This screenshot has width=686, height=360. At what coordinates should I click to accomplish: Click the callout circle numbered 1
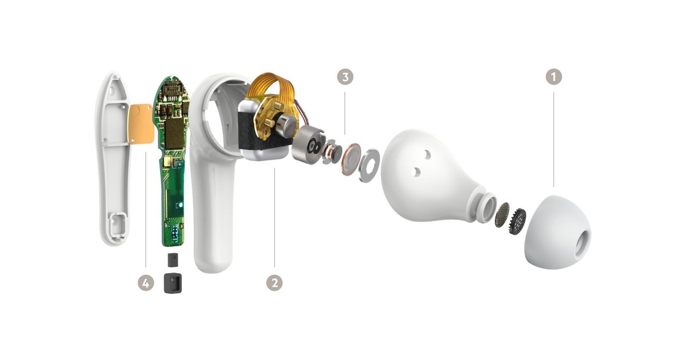[x=554, y=77]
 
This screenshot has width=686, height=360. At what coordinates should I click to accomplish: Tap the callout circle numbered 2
[x=274, y=282]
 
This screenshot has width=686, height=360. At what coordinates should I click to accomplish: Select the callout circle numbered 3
[x=345, y=77]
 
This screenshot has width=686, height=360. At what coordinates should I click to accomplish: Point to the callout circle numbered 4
[x=146, y=282]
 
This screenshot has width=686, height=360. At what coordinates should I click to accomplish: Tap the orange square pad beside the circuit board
[x=141, y=123]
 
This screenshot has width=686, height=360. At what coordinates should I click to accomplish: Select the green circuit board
[x=172, y=159]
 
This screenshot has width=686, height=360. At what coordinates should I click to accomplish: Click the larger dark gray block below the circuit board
[x=173, y=283]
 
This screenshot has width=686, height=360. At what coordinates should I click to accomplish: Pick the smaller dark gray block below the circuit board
[x=173, y=260]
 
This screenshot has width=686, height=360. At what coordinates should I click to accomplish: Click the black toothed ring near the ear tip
[x=517, y=221]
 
